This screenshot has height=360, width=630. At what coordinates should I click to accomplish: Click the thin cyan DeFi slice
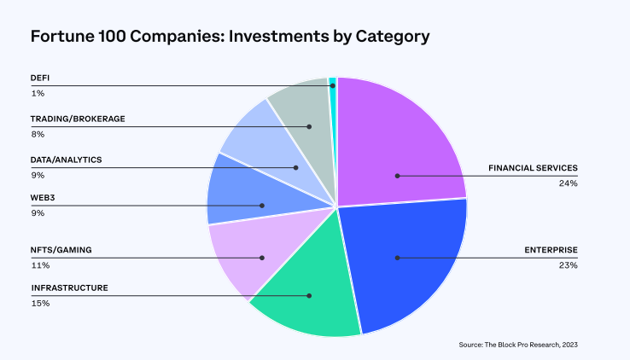333,82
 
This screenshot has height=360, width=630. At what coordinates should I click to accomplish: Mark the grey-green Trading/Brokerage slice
299,111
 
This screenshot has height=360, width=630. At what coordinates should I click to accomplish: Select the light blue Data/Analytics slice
260,149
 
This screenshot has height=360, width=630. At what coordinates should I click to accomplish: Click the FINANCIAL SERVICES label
533,168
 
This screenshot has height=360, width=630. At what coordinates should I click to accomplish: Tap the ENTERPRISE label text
551,250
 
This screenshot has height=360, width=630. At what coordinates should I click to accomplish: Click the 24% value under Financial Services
569,183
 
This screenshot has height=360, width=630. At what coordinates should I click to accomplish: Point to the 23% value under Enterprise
569,265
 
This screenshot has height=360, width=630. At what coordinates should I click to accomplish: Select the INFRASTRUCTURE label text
69,288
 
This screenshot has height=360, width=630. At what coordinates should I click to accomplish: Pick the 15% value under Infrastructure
39,303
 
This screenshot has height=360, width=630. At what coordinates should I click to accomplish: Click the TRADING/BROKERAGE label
78,119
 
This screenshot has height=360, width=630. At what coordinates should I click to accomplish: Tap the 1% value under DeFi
37,92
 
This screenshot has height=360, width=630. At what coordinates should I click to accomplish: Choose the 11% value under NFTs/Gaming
38,264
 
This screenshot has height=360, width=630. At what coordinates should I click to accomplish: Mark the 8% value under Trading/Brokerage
38,134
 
